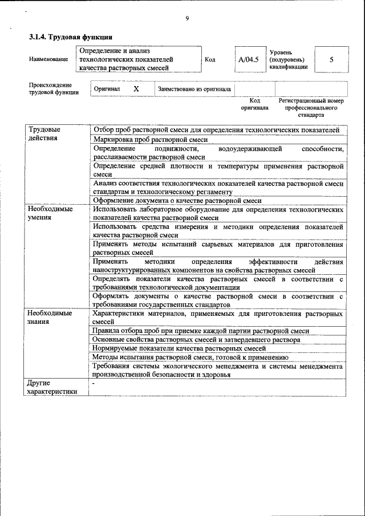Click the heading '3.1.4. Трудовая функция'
pos(66,38)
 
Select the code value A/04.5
pos(249,59)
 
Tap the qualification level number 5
pos(331,59)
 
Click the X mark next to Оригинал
pos(136,90)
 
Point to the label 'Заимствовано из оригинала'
pos(194,90)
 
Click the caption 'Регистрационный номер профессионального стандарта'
pos(311,107)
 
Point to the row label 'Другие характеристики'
pos(52,387)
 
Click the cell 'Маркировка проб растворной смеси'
pos(150,139)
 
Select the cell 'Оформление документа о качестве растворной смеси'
pos(177,201)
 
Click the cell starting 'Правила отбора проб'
pos(201,331)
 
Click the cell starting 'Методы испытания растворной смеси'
pos(190,357)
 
